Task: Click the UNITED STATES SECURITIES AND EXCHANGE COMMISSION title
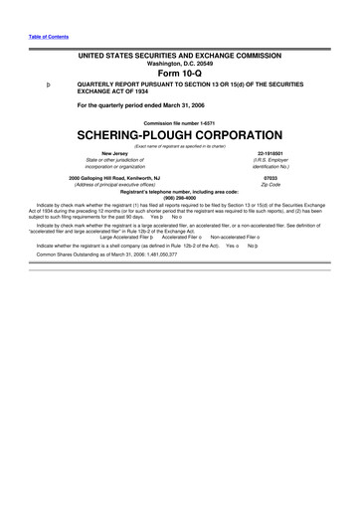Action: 180,53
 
